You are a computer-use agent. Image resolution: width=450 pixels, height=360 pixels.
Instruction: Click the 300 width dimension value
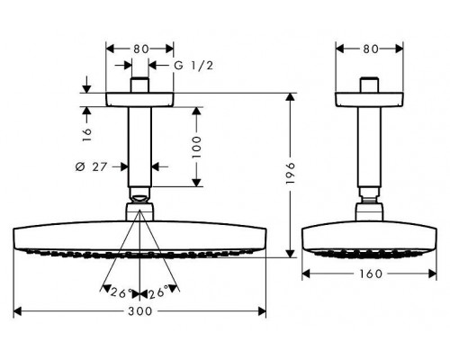tap(139, 310)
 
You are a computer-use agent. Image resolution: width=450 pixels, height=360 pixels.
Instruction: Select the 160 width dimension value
tap(370, 274)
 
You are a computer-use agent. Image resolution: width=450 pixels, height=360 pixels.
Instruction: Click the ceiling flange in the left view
tap(139, 99)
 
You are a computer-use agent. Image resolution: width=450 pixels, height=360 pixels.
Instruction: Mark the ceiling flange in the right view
tap(369, 99)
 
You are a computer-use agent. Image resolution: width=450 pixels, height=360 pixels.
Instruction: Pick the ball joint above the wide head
tap(139, 199)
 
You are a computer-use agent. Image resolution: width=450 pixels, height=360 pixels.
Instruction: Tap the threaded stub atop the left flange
tap(139, 85)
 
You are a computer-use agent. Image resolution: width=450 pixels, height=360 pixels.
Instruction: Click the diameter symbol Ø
tap(81, 166)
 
